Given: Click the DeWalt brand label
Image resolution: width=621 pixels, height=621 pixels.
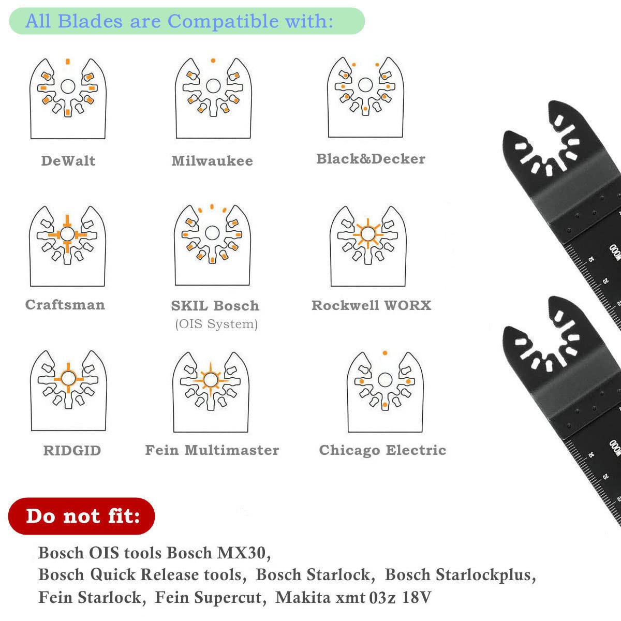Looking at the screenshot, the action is tap(68, 160).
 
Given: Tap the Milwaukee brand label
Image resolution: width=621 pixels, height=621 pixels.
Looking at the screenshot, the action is tap(212, 160).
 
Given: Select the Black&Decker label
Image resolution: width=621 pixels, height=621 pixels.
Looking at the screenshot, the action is tap(371, 158).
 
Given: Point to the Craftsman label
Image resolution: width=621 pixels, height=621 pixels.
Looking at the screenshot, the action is tap(65, 304).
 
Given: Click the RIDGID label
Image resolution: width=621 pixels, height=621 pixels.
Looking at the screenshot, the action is tap(72, 451).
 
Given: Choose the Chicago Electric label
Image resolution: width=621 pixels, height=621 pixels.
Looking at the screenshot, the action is tap(382, 450).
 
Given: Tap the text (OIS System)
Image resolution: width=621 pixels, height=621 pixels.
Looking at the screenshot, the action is tap(216, 324).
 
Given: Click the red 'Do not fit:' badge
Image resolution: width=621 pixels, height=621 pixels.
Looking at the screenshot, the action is tap(82, 516).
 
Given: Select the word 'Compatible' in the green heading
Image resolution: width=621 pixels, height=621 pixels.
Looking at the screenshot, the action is tap(224, 21).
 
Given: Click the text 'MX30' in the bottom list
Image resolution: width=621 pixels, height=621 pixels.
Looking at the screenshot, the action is tap(241, 553).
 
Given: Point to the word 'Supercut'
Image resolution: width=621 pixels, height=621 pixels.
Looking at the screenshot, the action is tap(208, 598).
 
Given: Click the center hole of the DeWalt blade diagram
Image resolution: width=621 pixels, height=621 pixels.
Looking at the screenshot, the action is tap(68, 86).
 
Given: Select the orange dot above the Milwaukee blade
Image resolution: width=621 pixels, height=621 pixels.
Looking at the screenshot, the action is tap(213, 60).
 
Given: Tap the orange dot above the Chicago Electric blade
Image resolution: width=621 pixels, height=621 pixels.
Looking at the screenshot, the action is tap(385, 353).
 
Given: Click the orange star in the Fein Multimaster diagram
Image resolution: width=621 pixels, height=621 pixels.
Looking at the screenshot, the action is tap(211, 380).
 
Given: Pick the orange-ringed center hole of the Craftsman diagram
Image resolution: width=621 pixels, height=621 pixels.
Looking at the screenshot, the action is tap(67, 234).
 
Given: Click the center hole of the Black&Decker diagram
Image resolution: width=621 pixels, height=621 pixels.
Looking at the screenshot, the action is tap(365, 85).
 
